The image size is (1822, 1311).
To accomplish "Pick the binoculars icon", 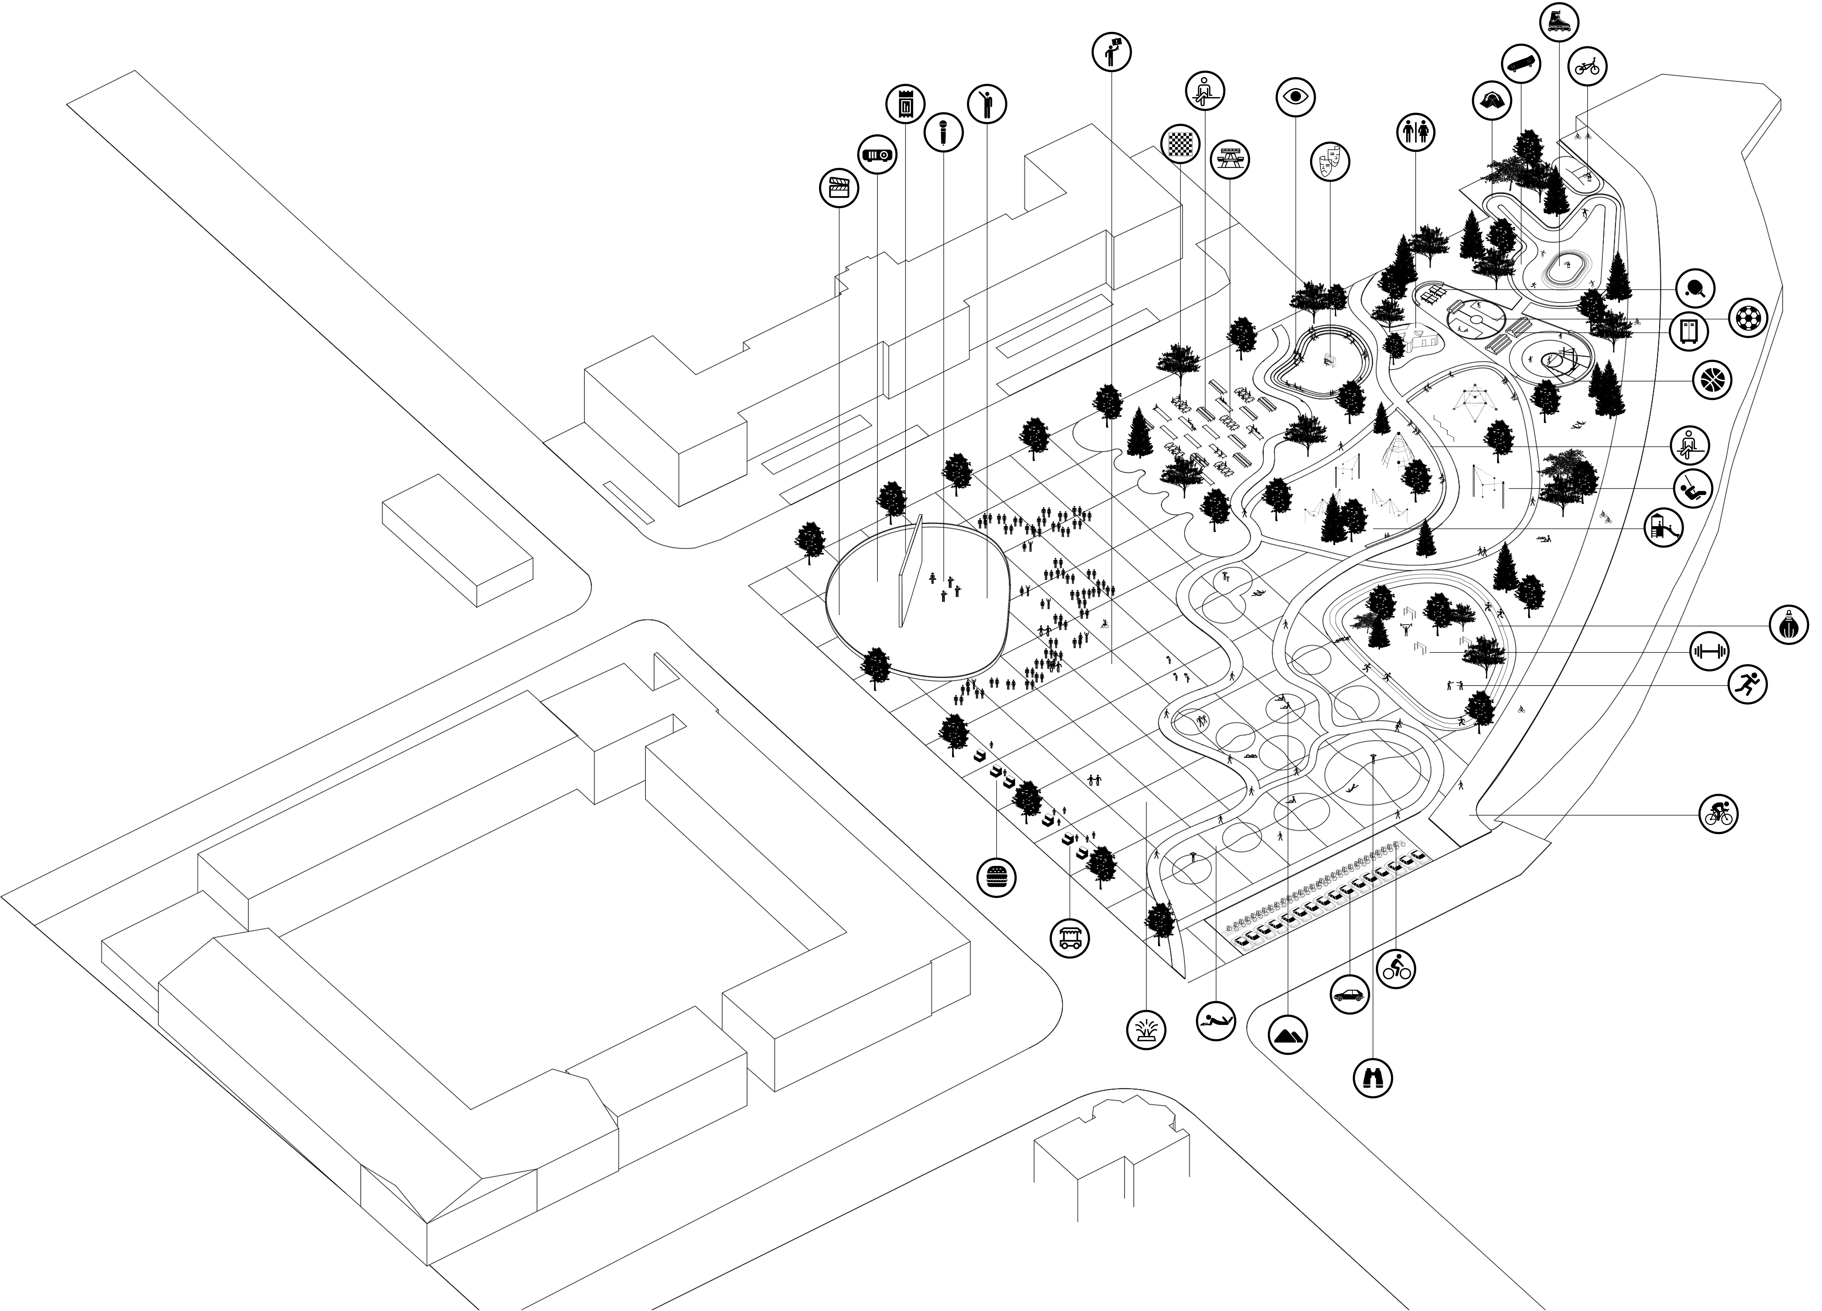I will point(1373,1077).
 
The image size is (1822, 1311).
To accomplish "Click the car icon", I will point(1350,994).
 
